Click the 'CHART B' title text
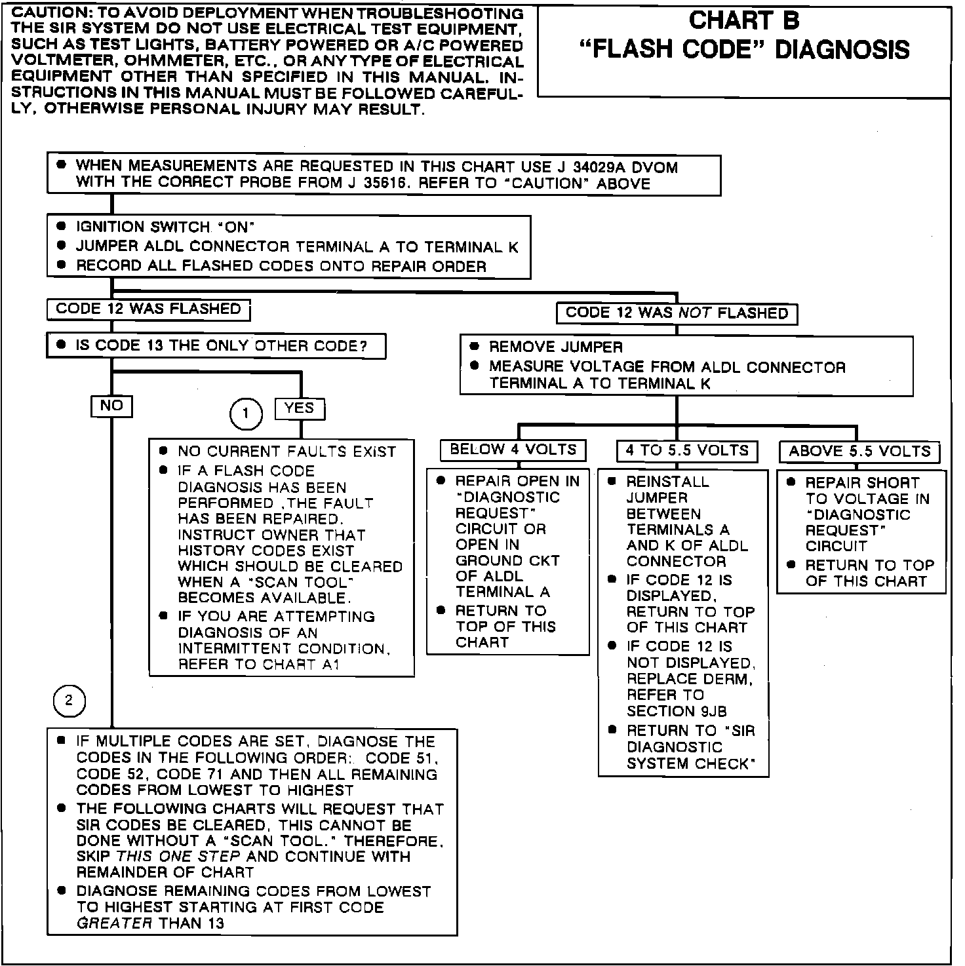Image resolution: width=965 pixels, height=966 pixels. (744, 21)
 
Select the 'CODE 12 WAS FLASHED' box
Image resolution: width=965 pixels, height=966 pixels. (148, 309)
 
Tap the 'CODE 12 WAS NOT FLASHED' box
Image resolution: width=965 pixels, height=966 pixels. (677, 313)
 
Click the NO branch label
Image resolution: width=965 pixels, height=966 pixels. (111, 406)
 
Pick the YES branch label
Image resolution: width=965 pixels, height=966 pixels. (300, 408)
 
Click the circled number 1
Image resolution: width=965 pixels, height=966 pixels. (246, 414)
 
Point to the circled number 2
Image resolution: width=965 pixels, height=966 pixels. (69, 702)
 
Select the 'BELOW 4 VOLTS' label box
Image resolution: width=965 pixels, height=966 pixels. (513, 450)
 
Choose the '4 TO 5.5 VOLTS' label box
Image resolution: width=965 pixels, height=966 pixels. (687, 451)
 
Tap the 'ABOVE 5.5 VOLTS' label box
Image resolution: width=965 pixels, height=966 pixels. (859, 452)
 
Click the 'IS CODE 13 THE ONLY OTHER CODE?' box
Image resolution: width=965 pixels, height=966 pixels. (216, 346)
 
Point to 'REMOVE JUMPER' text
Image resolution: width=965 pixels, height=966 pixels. (556, 347)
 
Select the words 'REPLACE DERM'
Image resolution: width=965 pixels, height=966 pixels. (688, 679)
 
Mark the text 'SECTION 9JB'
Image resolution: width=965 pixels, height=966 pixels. (677, 711)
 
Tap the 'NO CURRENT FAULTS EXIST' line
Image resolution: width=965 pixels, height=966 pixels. (286, 452)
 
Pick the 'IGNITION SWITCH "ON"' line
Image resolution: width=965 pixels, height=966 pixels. (165, 227)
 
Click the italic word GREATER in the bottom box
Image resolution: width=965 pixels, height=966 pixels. (114, 923)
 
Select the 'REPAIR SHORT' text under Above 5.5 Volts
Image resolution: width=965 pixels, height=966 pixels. (862, 483)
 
